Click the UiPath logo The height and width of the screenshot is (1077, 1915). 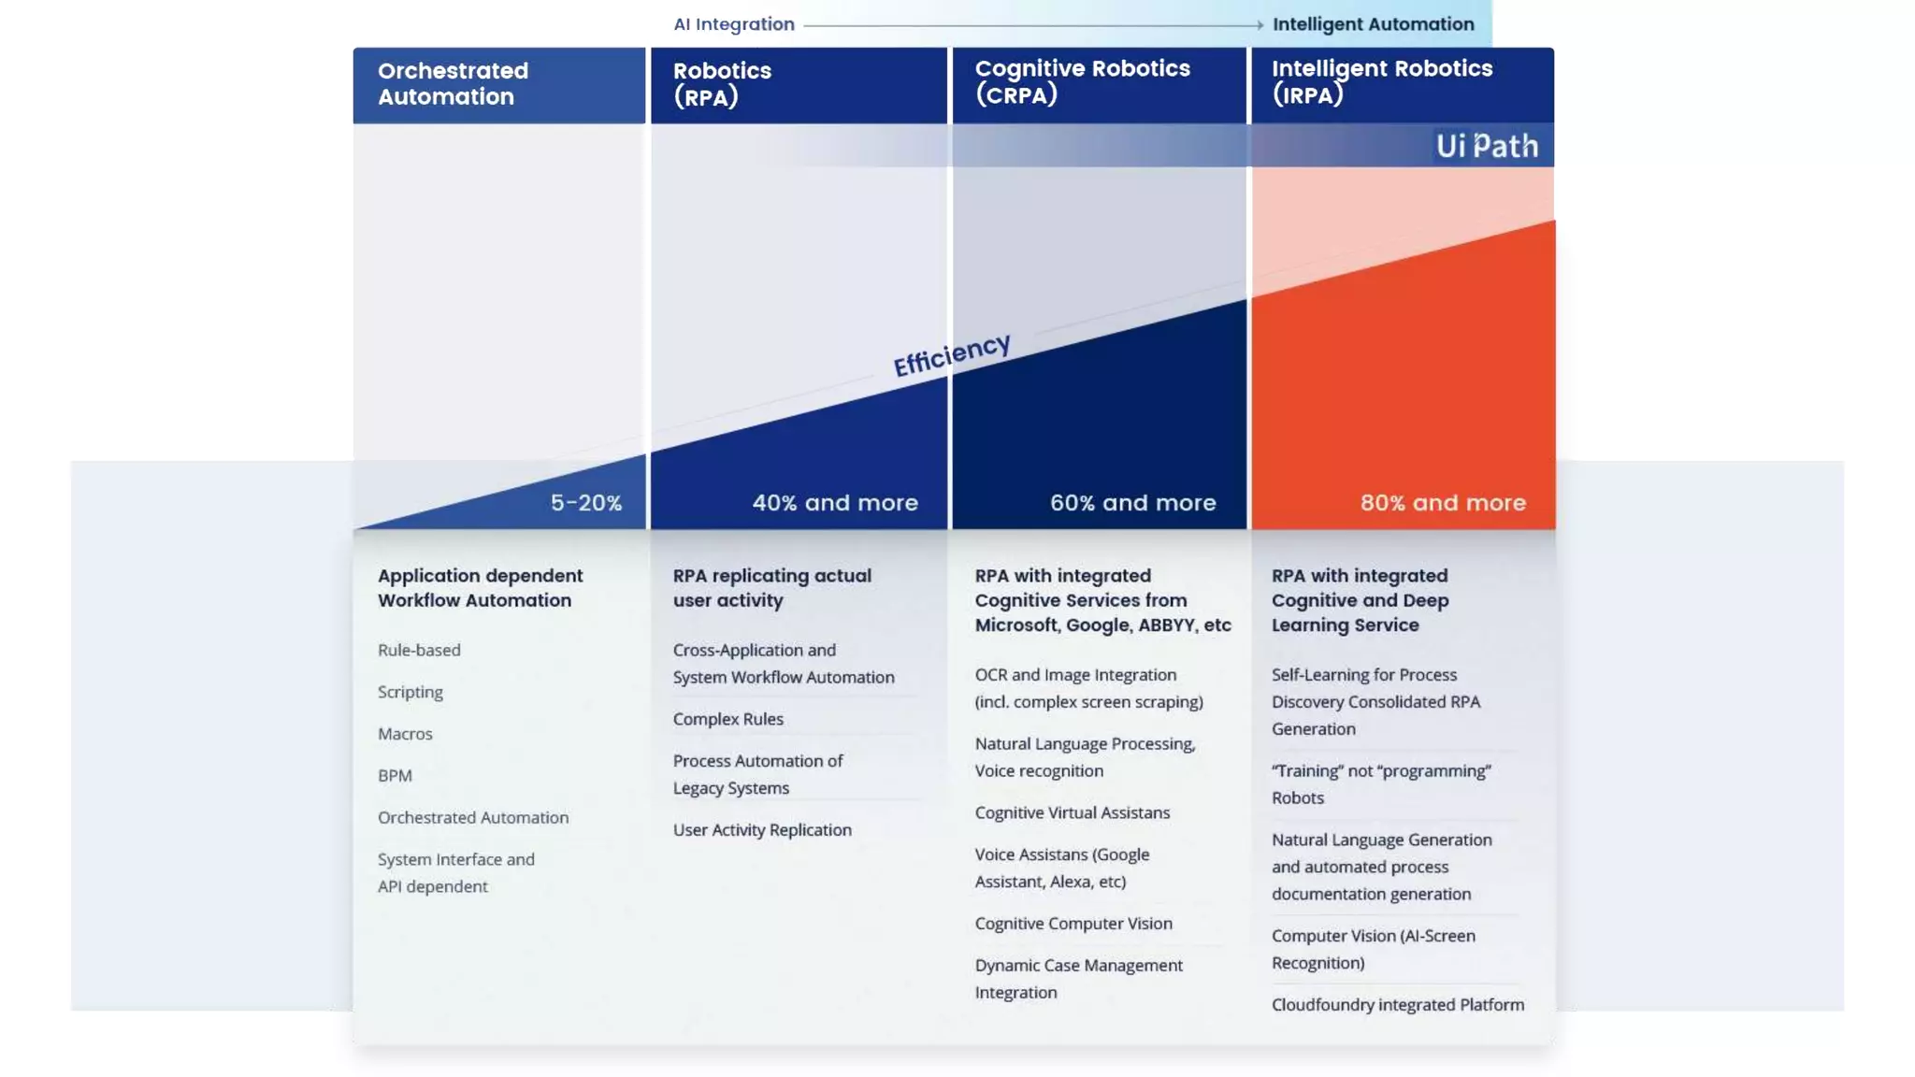1486,146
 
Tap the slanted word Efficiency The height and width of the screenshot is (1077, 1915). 951,354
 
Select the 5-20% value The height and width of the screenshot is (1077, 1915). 585,503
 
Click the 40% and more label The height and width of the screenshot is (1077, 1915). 834,503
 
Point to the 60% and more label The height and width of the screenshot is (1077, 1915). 1132,503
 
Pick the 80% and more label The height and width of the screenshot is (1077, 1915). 1442,503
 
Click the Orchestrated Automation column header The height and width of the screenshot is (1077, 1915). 453,84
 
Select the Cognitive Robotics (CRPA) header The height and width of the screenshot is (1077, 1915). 1082,81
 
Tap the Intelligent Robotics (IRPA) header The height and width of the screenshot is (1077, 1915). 1381,81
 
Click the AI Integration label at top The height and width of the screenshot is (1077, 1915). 734,24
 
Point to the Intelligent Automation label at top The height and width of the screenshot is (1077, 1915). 1373,24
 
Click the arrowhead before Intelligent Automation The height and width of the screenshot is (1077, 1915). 1260,25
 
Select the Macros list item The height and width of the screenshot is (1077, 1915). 405,734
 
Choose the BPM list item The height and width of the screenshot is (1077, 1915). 395,776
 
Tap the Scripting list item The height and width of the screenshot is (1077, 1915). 410,692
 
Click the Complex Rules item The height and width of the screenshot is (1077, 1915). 727,719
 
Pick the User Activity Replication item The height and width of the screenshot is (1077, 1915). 761,830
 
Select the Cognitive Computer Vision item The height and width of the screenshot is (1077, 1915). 1073,924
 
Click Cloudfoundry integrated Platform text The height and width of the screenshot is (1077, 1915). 1397,1005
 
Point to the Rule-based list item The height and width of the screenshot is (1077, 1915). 419,650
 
